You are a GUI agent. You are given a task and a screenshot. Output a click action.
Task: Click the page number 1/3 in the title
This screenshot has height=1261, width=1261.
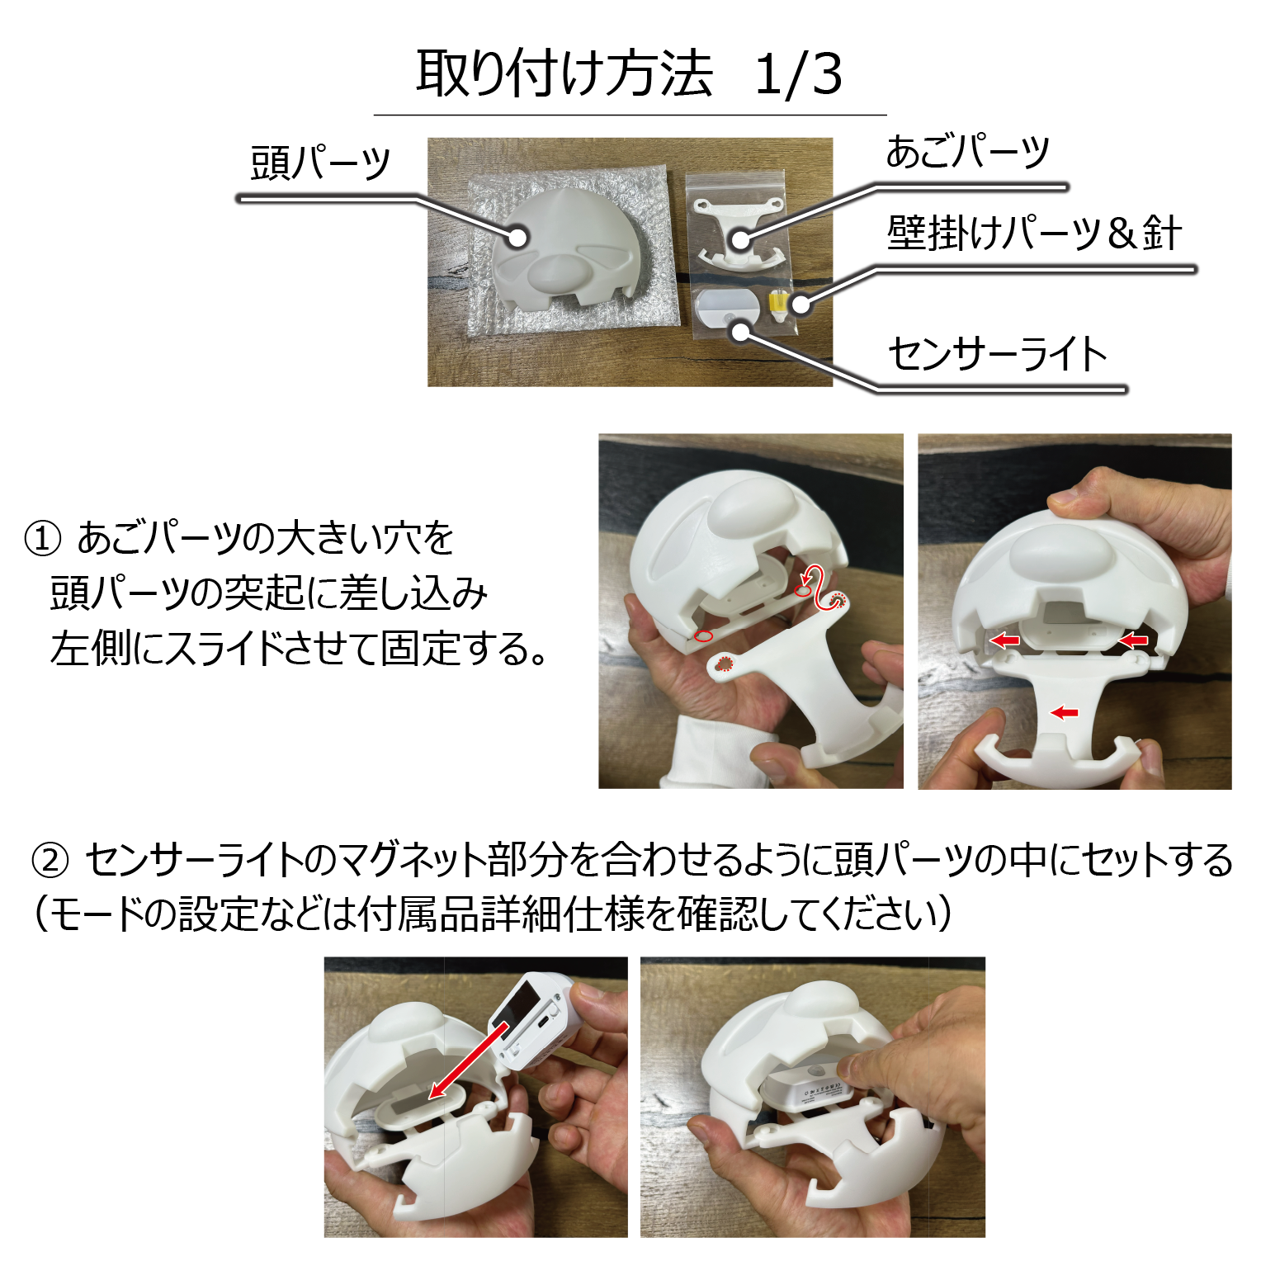click(798, 74)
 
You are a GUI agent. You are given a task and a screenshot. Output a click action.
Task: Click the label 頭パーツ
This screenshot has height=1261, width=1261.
click(320, 162)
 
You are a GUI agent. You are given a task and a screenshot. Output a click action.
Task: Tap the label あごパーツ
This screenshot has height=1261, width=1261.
click(967, 152)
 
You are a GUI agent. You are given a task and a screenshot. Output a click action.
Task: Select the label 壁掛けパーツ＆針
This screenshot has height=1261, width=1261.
click(1035, 233)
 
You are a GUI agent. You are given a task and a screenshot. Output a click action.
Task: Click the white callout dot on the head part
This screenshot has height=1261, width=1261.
click(517, 238)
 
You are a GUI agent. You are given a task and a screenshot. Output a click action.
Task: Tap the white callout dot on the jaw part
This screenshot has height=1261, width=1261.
click(740, 239)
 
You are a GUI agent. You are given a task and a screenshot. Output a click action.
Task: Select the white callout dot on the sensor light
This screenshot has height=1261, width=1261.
click(741, 332)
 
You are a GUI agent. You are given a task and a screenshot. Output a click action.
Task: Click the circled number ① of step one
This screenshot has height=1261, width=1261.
click(43, 539)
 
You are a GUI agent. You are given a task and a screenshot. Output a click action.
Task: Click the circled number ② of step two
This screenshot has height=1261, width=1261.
click(50, 861)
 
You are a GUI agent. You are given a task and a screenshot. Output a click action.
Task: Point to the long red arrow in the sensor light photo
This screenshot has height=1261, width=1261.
click(469, 1060)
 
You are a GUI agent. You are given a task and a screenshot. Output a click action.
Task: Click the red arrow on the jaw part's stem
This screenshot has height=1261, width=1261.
click(1065, 712)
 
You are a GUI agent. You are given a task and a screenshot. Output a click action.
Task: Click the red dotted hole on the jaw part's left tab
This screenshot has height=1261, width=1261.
click(725, 663)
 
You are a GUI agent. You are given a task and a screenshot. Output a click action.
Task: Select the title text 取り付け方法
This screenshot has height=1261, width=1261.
click(564, 74)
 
